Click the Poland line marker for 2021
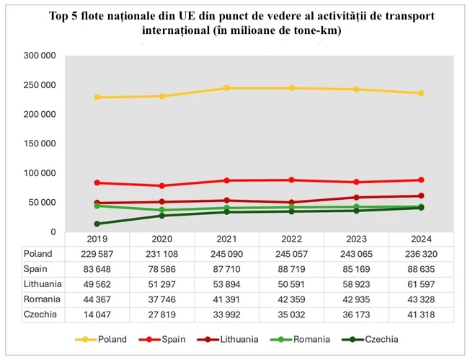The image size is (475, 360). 226,88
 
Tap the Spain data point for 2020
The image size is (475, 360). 161,186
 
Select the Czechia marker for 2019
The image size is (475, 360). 97,224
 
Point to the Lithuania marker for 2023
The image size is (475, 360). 356,197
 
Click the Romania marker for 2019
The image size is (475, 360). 97,206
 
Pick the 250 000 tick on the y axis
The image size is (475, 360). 40,85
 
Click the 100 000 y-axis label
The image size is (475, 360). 40,173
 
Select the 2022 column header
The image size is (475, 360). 291,240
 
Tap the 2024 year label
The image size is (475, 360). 421,240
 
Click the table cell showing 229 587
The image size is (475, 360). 97,254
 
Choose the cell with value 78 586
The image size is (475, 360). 161,269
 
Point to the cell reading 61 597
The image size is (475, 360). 421,284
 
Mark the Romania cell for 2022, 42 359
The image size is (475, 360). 291,299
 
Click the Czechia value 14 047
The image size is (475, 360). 97,315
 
